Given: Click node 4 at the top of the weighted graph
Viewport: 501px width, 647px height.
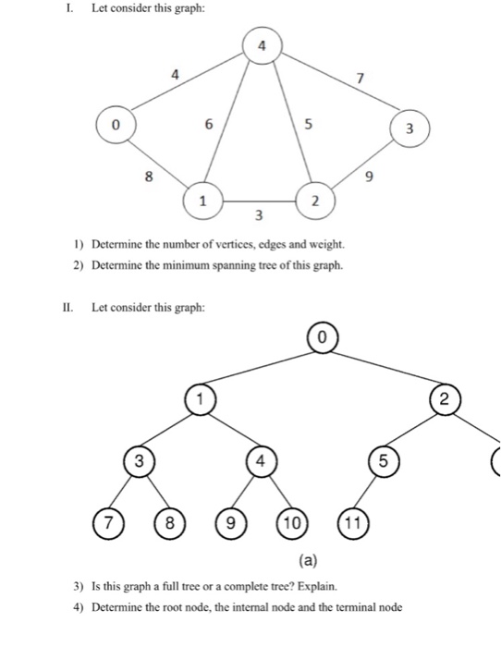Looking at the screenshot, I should coord(263,44).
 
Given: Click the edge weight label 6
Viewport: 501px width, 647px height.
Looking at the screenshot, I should coord(209,122).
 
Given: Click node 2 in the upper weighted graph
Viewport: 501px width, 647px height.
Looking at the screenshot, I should coord(313,200).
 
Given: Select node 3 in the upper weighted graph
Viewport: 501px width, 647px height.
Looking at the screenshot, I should coord(409,128).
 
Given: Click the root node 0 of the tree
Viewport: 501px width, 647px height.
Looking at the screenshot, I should coord(321,338).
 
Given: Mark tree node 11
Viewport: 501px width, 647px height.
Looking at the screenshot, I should coord(352,522).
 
